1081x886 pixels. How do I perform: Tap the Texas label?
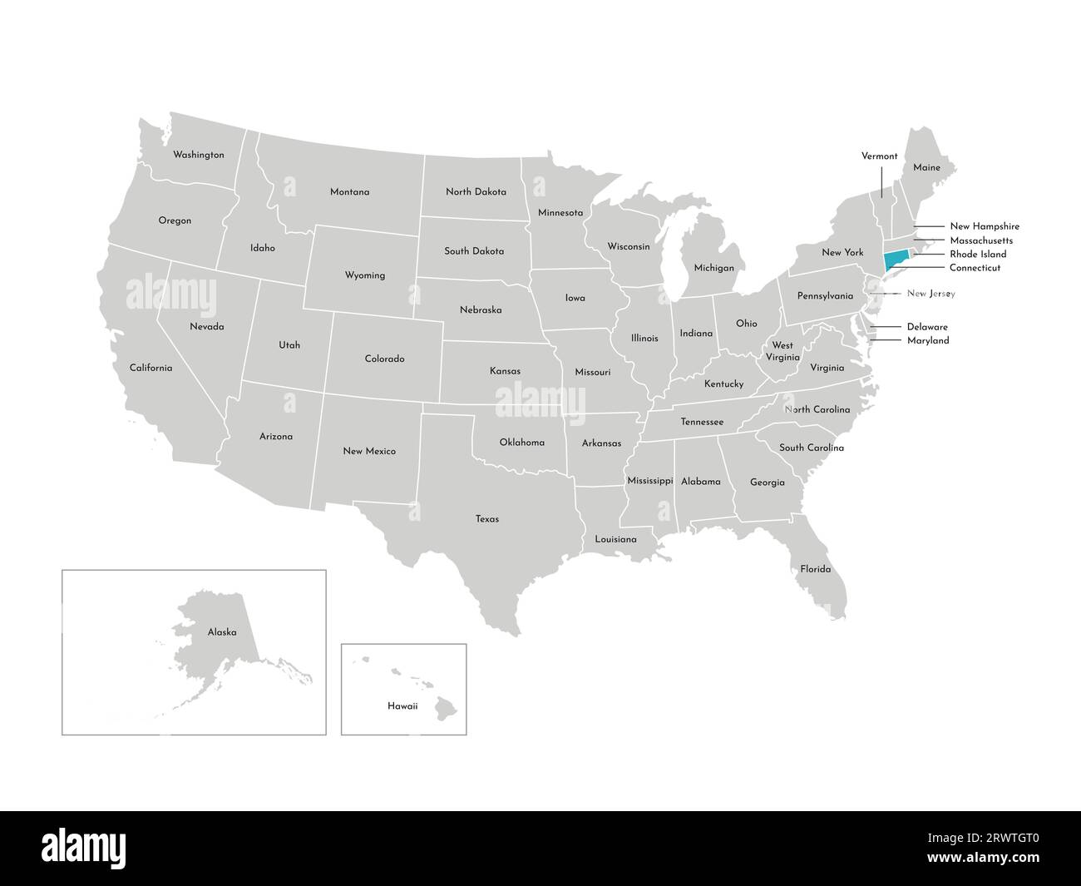(487, 519)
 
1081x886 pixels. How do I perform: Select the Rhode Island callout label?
(978, 254)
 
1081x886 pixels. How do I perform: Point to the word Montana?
(349, 192)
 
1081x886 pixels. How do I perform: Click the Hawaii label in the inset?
(402, 705)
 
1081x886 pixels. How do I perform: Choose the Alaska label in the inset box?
(222, 632)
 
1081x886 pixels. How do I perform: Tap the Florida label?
(815, 569)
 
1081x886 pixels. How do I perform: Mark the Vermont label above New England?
(879, 156)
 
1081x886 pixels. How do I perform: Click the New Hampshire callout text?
(984, 226)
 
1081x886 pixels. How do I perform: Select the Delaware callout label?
(926, 327)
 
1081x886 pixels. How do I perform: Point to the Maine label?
(926, 167)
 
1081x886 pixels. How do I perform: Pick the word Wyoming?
(365, 275)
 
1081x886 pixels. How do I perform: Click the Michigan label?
(713, 268)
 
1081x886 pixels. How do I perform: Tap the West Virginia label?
(782, 350)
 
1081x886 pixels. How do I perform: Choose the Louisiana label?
(615, 539)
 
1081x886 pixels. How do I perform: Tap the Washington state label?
(198, 155)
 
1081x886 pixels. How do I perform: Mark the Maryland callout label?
(927, 340)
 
